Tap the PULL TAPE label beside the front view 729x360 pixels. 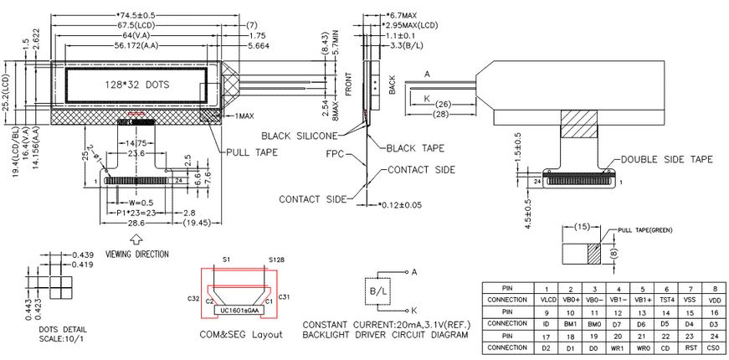253,152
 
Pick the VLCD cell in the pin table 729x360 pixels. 548,299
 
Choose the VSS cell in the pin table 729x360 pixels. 688,299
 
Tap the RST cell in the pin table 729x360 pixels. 688,347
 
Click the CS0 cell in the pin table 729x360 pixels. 712,347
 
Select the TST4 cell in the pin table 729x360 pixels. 665,299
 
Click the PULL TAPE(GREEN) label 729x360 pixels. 644,230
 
